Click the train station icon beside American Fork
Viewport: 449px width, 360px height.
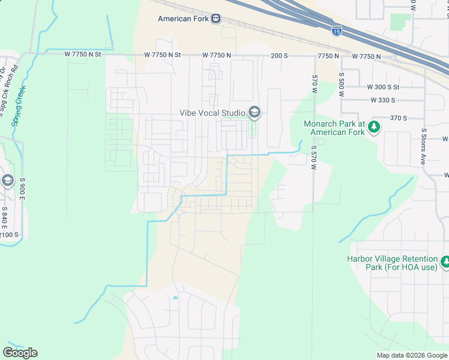(215, 19)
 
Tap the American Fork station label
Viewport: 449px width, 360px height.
(183, 19)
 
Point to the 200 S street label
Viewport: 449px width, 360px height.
(279, 55)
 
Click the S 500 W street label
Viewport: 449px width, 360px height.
(341, 81)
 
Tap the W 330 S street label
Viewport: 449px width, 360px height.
(383, 100)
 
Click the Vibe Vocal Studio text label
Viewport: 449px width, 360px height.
(212, 113)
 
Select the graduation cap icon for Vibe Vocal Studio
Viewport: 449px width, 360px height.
(255, 112)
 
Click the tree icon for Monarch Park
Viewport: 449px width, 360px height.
(374, 127)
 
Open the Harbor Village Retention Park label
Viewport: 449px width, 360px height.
(391, 263)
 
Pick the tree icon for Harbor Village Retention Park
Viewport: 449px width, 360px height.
(445, 262)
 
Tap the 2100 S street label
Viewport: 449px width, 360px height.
(9, 234)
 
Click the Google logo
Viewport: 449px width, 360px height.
(20, 353)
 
